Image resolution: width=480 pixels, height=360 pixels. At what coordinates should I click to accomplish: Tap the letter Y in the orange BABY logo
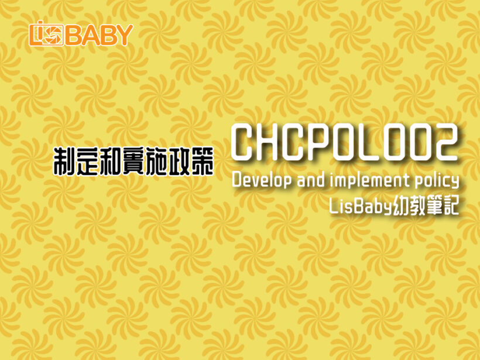(124, 35)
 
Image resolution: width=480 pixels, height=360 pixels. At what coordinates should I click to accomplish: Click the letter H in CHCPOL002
(272, 142)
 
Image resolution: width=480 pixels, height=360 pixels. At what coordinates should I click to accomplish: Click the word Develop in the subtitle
(262, 181)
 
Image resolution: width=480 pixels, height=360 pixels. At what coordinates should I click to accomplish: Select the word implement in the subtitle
(370, 181)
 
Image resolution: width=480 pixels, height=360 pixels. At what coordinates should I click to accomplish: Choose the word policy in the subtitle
(437, 181)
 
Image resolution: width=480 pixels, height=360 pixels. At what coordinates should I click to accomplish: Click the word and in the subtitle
(311, 180)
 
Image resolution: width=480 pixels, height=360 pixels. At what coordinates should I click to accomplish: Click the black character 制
(64, 162)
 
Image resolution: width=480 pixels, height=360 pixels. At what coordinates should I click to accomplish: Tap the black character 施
(156, 162)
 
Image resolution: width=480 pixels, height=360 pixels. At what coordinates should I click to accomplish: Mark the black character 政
(179, 162)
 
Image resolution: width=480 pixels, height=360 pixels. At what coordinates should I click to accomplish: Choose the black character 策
(203, 162)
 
